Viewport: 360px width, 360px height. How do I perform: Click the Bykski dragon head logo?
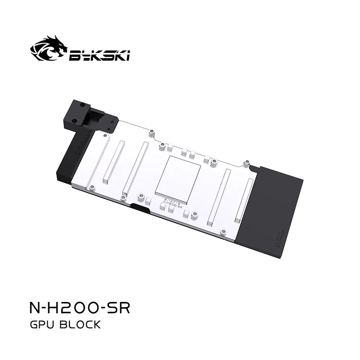[x=49, y=49]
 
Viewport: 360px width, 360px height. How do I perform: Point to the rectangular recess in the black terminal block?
[x=96, y=118]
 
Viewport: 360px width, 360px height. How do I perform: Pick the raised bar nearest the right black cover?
[x=243, y=200]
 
